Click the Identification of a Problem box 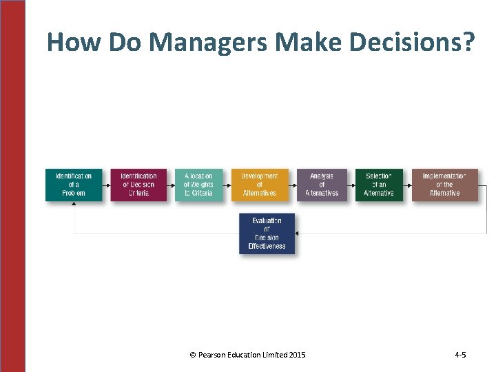(73, 185)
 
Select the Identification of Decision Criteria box (138, 185)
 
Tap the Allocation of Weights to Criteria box (198, 185)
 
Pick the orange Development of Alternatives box (259, 185)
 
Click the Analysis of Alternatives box (322, 185)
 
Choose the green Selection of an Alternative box (378, 185)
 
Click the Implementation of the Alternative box (444, 185)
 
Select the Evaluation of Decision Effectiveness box (267, 234)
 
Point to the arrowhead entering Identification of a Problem (74, 205)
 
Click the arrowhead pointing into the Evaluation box (298, 234)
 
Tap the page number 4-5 (460, 355)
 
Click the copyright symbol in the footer (192, 355)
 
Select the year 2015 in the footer (298, 355)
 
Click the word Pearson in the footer (210, 355)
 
